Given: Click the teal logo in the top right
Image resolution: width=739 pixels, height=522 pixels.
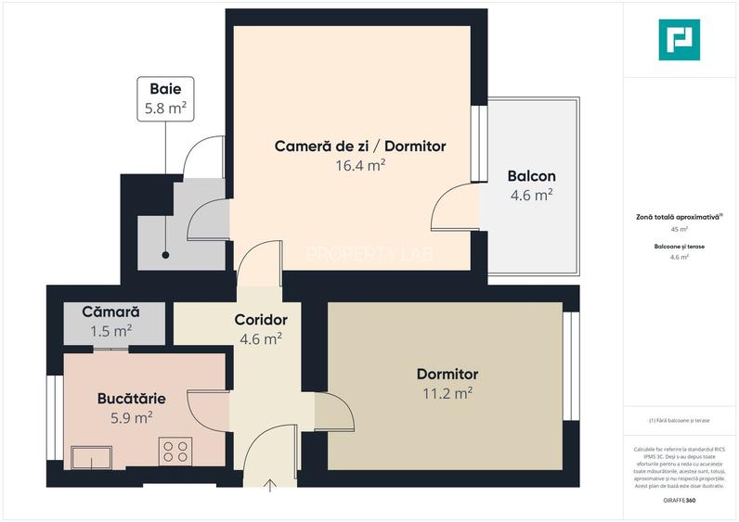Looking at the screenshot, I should coord(680,40).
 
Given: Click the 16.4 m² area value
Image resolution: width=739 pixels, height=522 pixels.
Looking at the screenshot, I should coord(360,166).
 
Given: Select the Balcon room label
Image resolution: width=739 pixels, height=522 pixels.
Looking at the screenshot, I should coord(531,176).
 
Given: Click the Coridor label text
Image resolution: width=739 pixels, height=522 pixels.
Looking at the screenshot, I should coord(261,320).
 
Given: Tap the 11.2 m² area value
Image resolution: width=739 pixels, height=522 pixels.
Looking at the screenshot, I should coord(447,392).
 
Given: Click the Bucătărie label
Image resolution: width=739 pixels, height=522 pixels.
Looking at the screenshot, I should coord(132,399).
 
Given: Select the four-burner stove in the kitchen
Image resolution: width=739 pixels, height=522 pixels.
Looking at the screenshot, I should coord(175,452).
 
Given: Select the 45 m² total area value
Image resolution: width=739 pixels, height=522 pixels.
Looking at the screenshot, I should coord(680,228).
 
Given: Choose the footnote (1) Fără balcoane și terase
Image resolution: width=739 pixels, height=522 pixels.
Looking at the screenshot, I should coord(679,420).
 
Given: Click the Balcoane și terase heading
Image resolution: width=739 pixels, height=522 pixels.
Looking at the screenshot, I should coord(679,247).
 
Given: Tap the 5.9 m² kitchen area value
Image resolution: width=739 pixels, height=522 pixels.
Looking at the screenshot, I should coord(132,418).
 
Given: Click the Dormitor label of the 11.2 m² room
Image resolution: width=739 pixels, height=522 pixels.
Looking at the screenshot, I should coord(447,374).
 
